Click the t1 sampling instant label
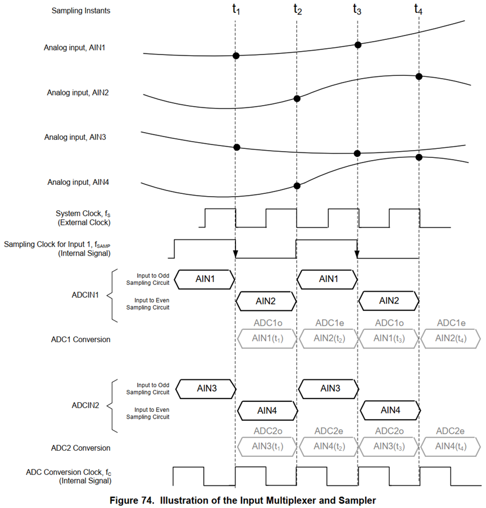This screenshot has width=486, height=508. [x=237, y=10]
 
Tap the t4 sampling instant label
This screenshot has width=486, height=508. [x=418, y=10]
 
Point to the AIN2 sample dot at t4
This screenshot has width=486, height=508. [x=419, y=76]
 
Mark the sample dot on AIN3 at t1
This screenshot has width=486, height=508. [x=237, y=147]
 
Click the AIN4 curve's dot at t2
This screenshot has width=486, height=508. [x=297, y=185]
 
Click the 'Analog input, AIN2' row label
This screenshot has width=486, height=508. [x=78, y=93]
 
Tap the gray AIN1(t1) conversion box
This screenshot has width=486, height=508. [x=266, y=339]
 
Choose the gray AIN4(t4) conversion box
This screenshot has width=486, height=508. [x=449, y=447]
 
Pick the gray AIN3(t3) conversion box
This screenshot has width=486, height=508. [x=387, y=447]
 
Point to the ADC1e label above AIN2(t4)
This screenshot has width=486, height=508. [x=449, y=323]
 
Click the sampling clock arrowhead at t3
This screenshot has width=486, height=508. [x=357, y=255]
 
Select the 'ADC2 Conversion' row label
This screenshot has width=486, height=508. [x=81, y=448]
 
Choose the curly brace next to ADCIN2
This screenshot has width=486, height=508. [x=112, y=405]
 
